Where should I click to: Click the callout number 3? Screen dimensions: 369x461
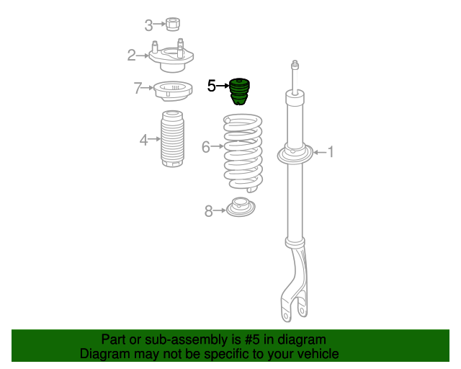148,26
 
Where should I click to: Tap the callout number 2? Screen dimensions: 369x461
132,55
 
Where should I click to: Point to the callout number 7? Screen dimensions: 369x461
138,89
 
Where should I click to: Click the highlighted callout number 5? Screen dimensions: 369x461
211,86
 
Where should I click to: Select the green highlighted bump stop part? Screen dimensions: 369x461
238,91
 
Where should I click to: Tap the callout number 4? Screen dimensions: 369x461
144,139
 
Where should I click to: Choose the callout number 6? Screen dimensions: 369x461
206,147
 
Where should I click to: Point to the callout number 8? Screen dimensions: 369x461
209,211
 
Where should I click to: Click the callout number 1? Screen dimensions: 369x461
331,151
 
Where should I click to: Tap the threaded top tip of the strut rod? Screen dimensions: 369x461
294,66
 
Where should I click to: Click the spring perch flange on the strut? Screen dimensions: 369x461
295,154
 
